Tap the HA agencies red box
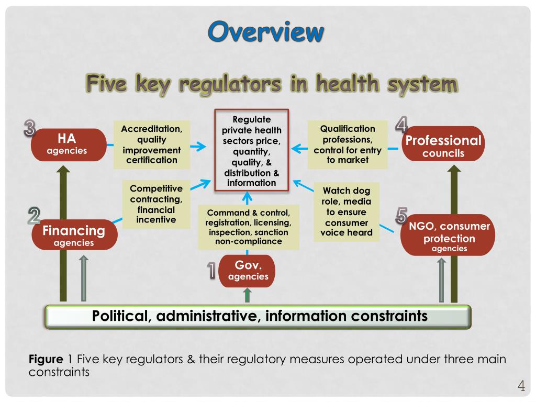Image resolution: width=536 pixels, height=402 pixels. click(67, 144)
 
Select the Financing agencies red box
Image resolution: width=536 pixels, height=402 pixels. click(74, 236)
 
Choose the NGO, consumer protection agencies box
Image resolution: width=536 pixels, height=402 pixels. click(450, 237)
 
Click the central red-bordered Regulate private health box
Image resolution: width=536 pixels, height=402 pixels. click(251, 151)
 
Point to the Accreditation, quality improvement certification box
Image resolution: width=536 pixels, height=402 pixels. click(151, 144)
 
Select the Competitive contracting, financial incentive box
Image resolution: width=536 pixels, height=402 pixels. click(156, 204)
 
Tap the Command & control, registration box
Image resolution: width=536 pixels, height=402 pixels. click(248, 227)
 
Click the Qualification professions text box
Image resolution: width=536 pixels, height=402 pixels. click(348, 144)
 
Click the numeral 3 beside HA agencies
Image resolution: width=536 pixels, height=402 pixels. click(30, 128)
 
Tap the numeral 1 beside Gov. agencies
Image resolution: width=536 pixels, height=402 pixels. click(211, 271)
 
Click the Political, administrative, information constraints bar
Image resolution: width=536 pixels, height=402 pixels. click(259, 316)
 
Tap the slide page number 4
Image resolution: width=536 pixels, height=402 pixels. click(520, 386)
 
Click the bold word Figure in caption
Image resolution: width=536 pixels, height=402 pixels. click(45, 360)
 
